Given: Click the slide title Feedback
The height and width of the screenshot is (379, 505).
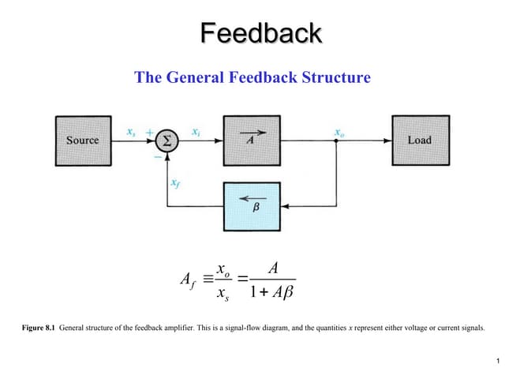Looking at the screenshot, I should (x=260, y=33).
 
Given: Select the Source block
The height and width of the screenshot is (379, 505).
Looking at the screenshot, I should (x=83, y=141).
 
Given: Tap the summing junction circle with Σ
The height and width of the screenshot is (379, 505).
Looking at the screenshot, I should (x=166, y=141).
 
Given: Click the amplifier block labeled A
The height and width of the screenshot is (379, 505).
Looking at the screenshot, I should (x=251, y=141).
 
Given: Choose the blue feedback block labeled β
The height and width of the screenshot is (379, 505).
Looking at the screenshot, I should (x=251, y=205).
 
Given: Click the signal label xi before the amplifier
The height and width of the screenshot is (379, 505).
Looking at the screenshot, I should (x=196, y=130).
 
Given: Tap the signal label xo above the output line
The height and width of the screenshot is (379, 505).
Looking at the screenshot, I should (x=339, y=131).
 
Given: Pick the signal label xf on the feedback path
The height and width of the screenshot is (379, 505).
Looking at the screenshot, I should (x=175, y=182).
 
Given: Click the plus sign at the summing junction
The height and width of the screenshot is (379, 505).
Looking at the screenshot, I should (x=149, y=131).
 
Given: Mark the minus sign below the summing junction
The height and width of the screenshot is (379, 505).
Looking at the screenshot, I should (x=156, y=156).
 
